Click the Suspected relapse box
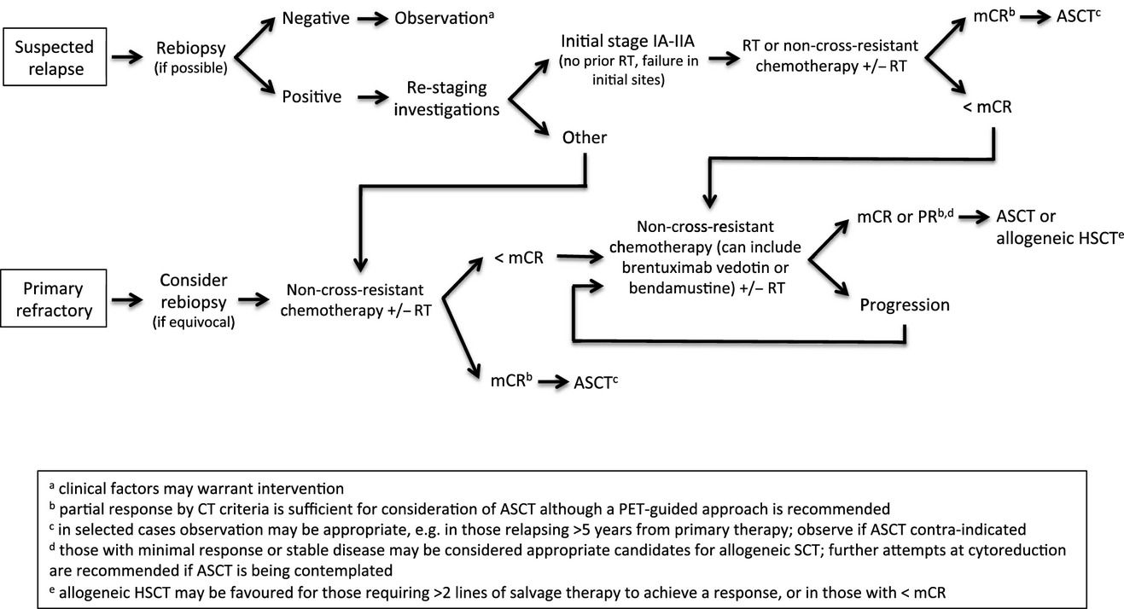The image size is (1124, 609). (x=55, y=56)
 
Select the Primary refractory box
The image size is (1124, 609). (x=54, y=299)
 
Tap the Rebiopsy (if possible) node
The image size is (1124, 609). (x=190, y=57)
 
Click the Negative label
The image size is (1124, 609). (x=316, y=18)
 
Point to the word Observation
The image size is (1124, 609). (x=440, y=19)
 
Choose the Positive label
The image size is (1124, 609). (x=312, y=96)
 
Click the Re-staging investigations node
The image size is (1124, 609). (x=446, y=98)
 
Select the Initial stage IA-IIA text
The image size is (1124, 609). (x=628, y=41)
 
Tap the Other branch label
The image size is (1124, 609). (x=584, y=137)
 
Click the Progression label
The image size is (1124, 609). (x=905, y=305)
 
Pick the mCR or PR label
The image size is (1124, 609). (x=897, y=217)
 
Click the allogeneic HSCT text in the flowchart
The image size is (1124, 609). (x=1056, y=238)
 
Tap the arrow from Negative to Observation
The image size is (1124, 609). (x=373, y=19)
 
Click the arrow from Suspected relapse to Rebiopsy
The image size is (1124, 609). (x=127, y=57)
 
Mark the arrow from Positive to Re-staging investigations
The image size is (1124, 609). (x=373, y=97)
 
